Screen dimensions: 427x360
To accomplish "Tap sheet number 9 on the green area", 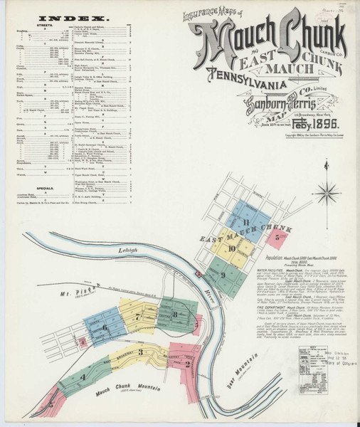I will (223, 275).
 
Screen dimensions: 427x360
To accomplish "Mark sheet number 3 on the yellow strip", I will (141, 352).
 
